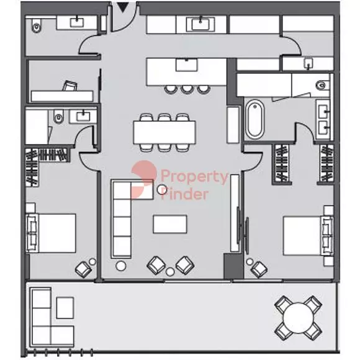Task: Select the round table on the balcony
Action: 298,318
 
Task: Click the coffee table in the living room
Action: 170,224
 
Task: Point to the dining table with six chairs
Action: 164,132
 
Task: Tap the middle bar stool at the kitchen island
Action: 186,89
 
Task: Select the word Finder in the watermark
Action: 184,194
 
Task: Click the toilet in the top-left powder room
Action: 37,25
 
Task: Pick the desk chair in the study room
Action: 70,86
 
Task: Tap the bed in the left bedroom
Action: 52,233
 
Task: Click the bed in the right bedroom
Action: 308,236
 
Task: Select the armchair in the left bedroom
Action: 83,269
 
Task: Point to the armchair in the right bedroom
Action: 259,269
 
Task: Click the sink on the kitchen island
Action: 186,65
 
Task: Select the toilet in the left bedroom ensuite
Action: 58,117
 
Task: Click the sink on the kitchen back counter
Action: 200,24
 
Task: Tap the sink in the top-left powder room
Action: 77,22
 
